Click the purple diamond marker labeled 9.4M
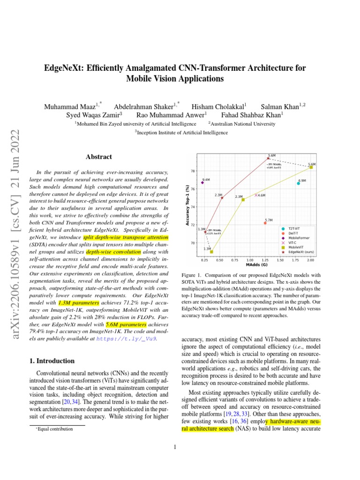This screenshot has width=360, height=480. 202,182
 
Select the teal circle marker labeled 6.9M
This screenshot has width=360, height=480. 298,183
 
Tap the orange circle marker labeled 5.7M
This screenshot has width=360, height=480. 265,223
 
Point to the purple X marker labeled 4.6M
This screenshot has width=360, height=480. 256,195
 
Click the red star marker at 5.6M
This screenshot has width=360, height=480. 269,158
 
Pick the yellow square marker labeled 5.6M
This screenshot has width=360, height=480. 311,167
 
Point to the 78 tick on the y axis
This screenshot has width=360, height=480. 193,171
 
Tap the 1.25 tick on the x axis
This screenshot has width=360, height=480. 265,259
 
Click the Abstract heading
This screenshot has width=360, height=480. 98,157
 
